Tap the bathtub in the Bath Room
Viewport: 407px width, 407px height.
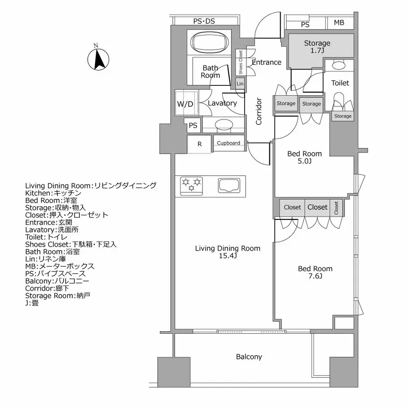210,42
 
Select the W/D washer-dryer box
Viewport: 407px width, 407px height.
185,104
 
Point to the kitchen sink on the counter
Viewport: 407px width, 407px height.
230,185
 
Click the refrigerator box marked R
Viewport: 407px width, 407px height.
199,144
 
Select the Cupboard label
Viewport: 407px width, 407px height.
229,143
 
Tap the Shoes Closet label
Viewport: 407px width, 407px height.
241,62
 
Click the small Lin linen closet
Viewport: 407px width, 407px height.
240,84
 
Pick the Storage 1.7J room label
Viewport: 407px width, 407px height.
317,47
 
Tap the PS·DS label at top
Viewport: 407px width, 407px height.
204,21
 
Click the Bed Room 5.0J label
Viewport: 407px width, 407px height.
304,157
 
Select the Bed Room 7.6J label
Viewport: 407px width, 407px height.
315,272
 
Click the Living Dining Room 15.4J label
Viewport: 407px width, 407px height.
227,252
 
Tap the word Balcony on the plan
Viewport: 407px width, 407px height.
249,357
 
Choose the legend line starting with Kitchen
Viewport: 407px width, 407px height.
53,193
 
